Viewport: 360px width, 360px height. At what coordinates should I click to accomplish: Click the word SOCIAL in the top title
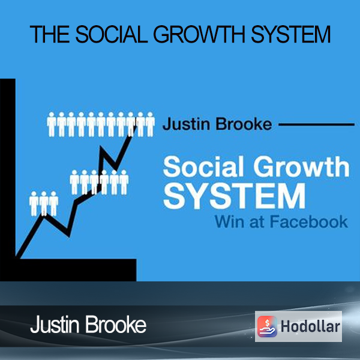tap(112, 34)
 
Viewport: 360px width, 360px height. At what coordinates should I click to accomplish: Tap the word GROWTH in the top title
tap(199, 34)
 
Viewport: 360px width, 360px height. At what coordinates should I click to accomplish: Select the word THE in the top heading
tap(50, 34)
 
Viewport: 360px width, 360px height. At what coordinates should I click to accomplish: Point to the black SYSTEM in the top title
tap(290, 34)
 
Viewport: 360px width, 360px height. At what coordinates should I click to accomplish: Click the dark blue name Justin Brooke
tap(217, 124)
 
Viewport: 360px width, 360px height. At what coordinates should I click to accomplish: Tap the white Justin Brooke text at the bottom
tap(88, 325)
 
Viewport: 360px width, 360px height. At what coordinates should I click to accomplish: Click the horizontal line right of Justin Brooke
tap(316, 124)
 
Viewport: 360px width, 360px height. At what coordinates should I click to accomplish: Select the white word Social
tap(203, 166)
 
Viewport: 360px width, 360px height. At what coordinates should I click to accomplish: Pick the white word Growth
tap(301, 166)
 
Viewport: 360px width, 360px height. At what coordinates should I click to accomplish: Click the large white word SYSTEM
tap(234, 196)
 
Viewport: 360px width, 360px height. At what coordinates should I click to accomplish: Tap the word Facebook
tap(309, 221)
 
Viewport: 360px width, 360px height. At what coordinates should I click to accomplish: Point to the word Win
tap(229, 221)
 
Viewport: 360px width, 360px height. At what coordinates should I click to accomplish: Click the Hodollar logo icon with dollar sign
tap(267, 326)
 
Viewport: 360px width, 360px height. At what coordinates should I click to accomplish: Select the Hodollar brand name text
tap(310, 326)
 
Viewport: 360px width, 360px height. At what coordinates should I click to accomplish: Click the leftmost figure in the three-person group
tap(34, 203)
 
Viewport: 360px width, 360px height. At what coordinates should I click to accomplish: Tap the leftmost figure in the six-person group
tap(74, 182)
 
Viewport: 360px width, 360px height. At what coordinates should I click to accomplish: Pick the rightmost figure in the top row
tap(150, 124)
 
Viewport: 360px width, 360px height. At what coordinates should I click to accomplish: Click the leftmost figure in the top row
tap(52, 124)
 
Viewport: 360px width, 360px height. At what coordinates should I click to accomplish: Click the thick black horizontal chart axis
tap(68, 270)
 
